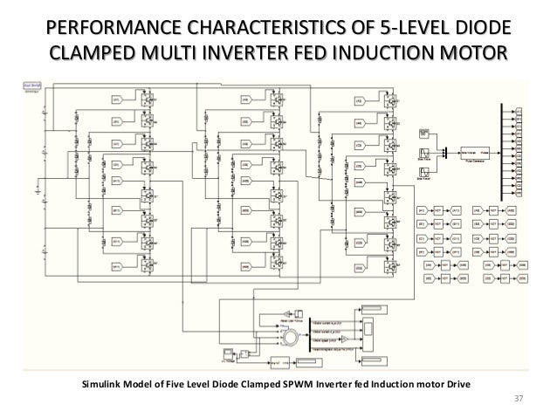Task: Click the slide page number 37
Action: pyautogui.click(x=518, y=400)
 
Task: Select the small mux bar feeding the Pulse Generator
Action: pyautogui.click(x=446, y=152)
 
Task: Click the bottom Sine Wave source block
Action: pyautogui.click(x=423, y=173)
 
